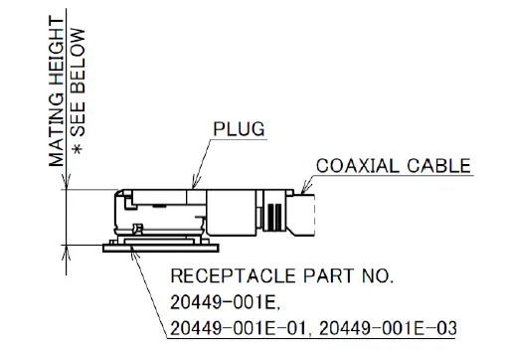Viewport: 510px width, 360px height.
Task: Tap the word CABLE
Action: (437, 165)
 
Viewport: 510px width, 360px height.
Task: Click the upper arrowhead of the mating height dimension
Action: (65, 183)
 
